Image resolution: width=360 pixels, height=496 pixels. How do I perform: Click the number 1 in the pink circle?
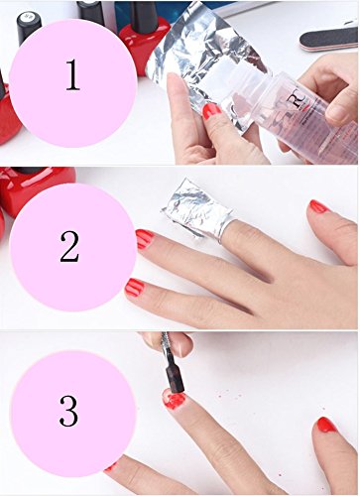click(72, 74)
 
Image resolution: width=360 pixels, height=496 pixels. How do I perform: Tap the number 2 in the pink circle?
click(69, 247)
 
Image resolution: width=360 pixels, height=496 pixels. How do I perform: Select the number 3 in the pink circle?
click(68, 411)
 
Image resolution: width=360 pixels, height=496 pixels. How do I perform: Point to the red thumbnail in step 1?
click(211, 111)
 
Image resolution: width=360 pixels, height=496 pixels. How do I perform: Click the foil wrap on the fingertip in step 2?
click(197, 208)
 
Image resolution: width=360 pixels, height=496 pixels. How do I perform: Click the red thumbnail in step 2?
click(318, 206)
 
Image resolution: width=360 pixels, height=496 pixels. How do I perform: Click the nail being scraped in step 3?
click(174, 399)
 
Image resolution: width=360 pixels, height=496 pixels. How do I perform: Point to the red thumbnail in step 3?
click(326, 425)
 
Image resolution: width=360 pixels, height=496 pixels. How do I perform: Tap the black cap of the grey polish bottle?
click(29, 28)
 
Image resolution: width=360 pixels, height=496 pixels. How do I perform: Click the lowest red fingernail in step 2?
click(135, 287)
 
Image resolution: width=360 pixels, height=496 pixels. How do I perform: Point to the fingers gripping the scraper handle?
click(169, 343)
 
